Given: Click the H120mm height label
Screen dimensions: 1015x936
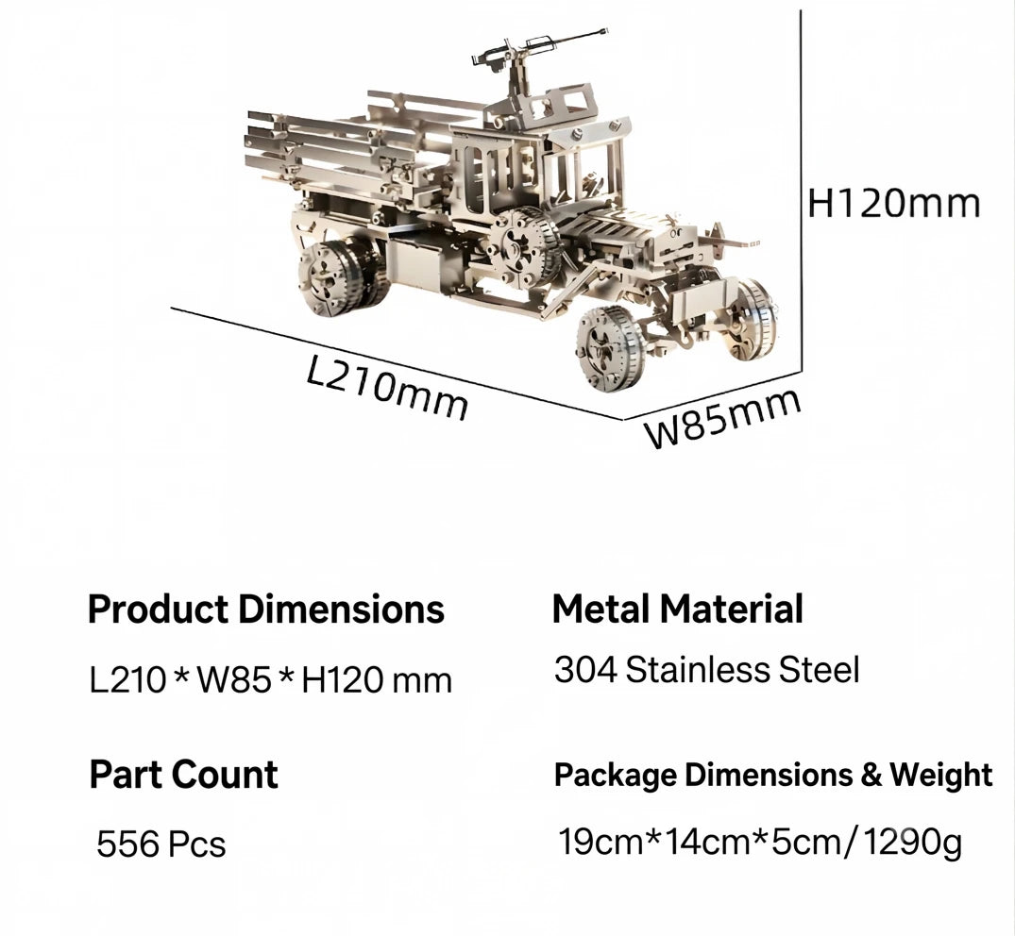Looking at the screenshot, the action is click(894, 203).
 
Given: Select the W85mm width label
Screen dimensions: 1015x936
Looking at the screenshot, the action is click(723, 419).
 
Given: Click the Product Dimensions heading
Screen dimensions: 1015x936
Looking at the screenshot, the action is click(266, 609).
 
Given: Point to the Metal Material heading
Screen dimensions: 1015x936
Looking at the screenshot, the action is click(677, 609).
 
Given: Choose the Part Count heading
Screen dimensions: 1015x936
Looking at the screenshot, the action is click(184, 774).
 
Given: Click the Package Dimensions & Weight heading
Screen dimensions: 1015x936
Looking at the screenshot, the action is click(773, 775).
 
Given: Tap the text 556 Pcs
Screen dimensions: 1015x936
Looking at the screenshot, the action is click(161, 844).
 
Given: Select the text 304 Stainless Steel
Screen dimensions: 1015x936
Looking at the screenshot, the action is click(707, 670).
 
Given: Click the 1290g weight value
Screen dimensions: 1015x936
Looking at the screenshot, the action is click(913, 843).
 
